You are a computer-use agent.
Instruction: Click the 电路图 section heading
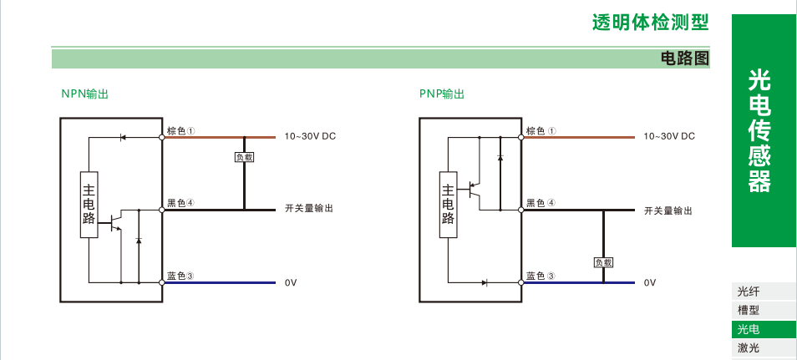(684, 58)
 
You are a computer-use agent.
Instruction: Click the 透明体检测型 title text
(650, 23)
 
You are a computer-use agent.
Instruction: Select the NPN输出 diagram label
(84, 94)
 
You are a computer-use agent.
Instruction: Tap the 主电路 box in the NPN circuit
(89, 205)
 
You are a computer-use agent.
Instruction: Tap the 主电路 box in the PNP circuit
(449, 205)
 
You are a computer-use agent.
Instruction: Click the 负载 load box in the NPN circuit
(244, 157)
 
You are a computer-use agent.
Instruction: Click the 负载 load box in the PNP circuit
(603, 262)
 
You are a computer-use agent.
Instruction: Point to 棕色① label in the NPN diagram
(180, 131)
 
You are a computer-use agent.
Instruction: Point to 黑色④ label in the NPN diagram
(180, 203)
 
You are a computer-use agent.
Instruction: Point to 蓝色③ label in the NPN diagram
(180, 276)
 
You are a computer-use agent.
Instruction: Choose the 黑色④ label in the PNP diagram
(540, 203)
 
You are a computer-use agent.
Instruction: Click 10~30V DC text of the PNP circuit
(668, 136)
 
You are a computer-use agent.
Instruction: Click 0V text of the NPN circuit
(291, 283)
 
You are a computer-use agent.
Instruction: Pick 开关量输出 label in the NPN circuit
(309, 210)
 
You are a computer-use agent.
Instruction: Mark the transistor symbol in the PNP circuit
(474, 188)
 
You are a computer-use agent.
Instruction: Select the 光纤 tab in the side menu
(749, 292)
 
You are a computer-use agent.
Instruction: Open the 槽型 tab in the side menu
(749, 310)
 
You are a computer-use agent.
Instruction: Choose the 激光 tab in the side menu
(749, 348)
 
